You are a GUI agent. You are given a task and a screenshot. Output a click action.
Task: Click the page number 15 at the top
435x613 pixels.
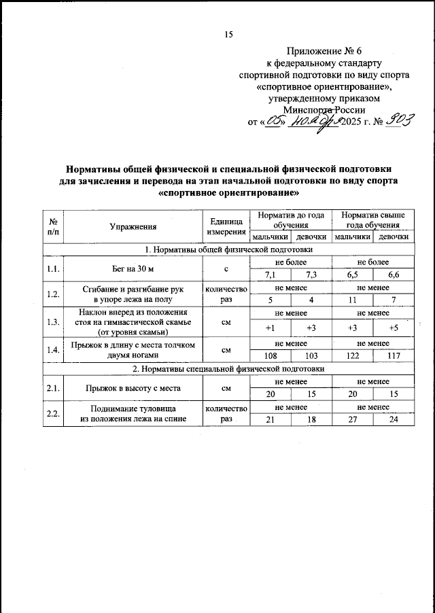pyautogui.click(x=228, y=35)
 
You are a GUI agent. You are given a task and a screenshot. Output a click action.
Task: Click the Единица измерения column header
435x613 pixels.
pyautogui.click(x=226, y=228)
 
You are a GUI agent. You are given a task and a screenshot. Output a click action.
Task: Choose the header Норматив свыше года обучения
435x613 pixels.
pyautogui.click(x=373, y=220)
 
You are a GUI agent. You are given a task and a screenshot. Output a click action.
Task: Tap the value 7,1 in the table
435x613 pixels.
pyautogui.click(x=271, y=275)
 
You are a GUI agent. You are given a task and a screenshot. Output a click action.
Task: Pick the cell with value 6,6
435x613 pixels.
pyautogui.click(x=394, y=275)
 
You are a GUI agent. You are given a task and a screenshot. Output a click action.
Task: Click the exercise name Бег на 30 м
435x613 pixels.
pyautogui.click(x=133, y=269)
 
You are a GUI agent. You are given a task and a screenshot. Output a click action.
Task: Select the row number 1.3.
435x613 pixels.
pyautogui.click(x=52, y=322)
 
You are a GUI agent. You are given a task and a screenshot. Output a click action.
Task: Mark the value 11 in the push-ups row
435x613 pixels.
pyautogui.click(x=352, y=301)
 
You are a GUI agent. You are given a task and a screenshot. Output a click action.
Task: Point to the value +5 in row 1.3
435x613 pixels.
pyautogui.click(x=394, y=328)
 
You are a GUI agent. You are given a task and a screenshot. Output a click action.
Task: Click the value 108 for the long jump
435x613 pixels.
pyautogui.click(x=271, y=355)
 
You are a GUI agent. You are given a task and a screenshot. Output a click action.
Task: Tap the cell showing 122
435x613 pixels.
pyautogui.click(x=352, y=355)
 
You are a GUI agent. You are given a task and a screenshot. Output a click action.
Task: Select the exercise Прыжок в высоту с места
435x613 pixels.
pyautogui.click(x=133, y=388)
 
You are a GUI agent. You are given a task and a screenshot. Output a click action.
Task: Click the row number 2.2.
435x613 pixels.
pyautogui.click(x=52, y=414)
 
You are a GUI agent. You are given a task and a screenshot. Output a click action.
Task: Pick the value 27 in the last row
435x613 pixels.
pyautogui.click(x=352, y=420)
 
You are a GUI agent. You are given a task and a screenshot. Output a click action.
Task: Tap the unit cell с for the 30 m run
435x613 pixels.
pyautogui.click(x=226, y=269)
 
